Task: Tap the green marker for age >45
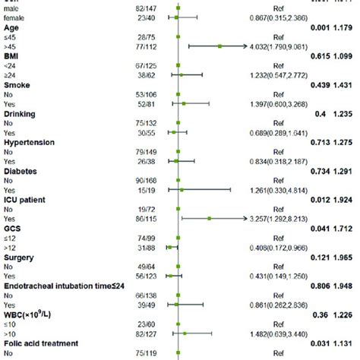[x=219, y=46]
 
